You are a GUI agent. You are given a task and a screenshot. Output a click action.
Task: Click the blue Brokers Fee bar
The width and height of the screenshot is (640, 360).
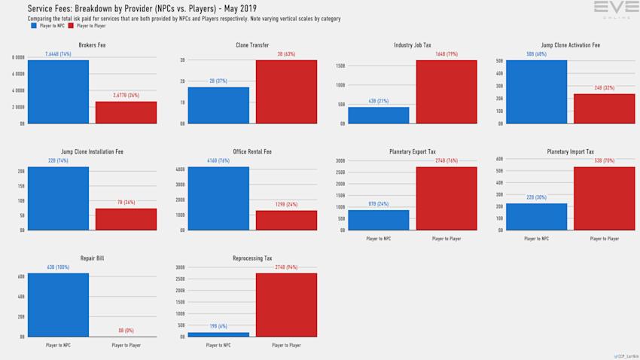[57, 91]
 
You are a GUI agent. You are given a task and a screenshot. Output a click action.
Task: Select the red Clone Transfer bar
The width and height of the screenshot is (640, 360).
[286, 91]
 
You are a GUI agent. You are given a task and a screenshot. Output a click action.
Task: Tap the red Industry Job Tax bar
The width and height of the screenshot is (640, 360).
[446, 91]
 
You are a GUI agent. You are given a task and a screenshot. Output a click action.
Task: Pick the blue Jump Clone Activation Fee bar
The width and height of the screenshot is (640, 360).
[536, 91]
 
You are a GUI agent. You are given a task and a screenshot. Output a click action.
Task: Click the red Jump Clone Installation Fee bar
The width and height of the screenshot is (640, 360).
[126, 219]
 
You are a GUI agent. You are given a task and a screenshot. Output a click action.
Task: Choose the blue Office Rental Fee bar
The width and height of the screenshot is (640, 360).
[218, 198]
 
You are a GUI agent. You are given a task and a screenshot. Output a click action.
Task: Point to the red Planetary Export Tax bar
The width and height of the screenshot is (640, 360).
[446, 198]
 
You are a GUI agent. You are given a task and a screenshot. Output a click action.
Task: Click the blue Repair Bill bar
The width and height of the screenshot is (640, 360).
[57, 305]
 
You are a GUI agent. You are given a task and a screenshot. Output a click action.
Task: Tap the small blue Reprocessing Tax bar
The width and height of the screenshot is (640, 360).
[218, 334]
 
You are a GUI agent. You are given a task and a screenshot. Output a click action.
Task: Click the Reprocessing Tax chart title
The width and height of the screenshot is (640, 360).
[252, 258]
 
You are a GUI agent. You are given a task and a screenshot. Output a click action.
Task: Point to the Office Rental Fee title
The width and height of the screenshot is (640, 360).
[252, 152]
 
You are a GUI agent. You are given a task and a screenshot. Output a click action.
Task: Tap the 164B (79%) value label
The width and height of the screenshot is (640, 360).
[446, 55]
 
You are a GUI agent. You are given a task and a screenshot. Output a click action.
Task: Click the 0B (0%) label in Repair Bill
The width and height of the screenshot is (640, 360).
[126, 331]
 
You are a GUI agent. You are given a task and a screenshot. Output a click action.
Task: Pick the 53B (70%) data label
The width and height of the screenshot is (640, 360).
[604, 161]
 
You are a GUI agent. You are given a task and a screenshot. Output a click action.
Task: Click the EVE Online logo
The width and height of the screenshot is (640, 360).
[616, 9]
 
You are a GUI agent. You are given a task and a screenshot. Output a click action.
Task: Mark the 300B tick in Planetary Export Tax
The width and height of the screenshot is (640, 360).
[340, 160]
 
